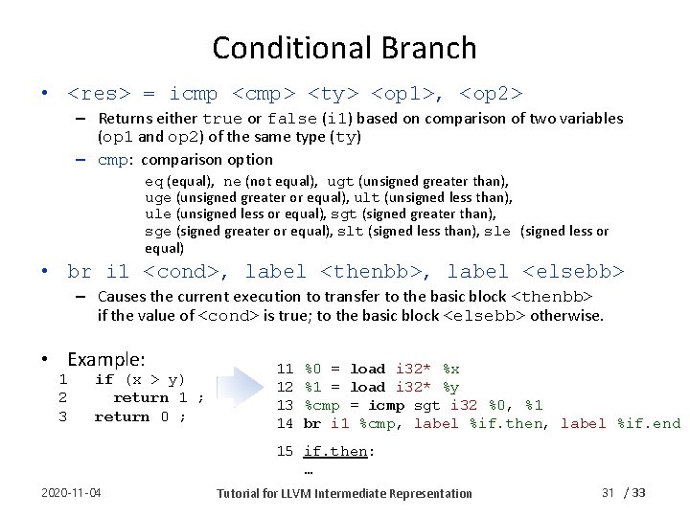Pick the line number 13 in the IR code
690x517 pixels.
pos(285,405)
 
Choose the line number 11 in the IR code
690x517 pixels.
pos(285,369)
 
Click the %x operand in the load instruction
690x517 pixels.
pos(450,369)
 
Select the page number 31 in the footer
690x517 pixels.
pos(608,492)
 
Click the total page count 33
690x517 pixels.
pos(639,492)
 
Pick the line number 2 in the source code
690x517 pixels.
pos(63,397)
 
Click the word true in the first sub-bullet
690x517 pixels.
pos(222,119)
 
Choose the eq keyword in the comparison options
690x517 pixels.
pos(153,180)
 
